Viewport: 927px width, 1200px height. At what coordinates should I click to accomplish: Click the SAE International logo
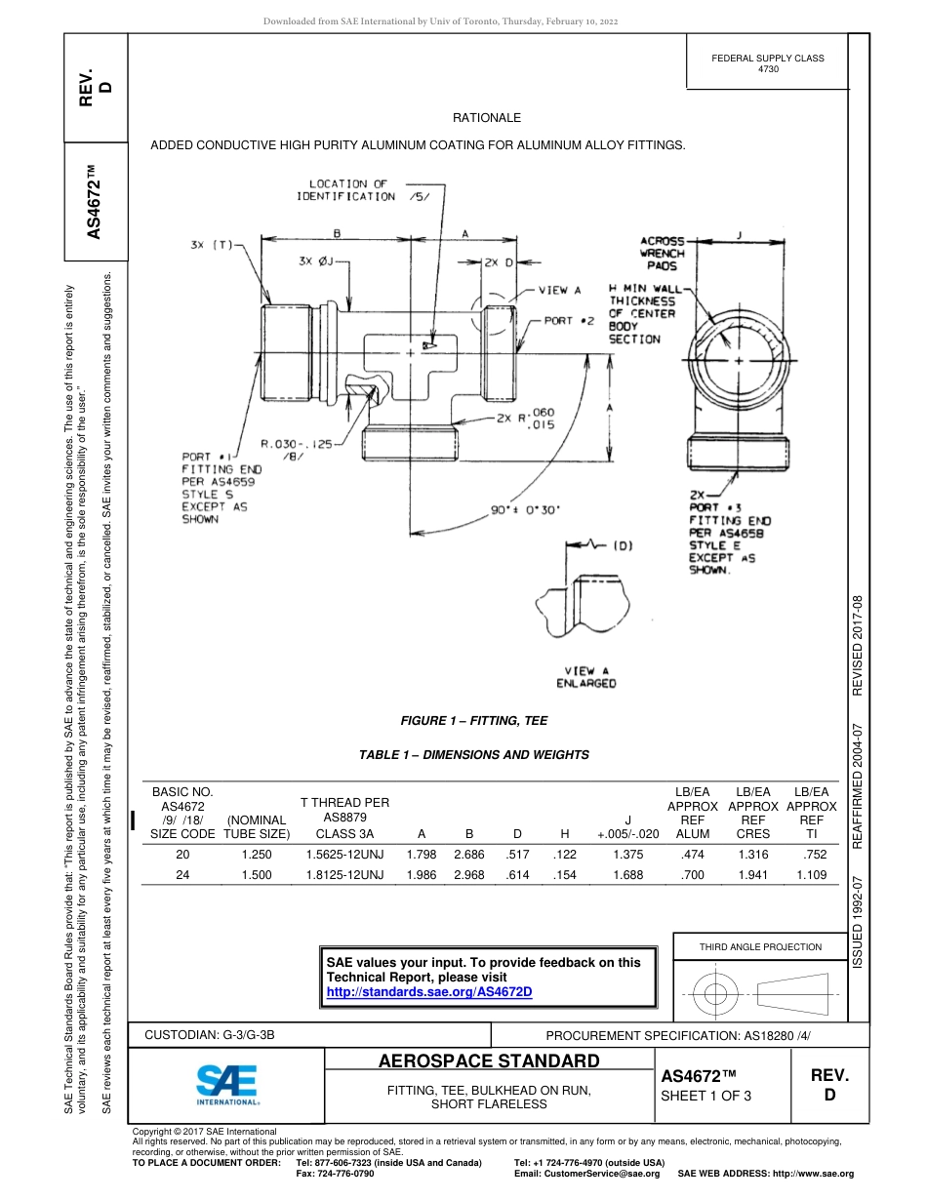(x=228, y=1084)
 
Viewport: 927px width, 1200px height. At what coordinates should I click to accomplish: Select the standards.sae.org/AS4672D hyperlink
(x=428, y=991)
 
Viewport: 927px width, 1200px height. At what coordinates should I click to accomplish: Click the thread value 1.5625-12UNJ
(x=344, y=855)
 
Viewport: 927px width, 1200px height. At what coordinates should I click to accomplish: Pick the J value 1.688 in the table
(x=627, y=875)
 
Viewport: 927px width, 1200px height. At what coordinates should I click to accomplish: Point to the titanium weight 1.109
(x=811, y=875)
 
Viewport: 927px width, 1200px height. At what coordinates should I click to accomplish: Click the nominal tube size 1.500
(x=256, y=875)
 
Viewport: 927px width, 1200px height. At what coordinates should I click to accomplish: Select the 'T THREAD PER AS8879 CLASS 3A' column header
(x=344, y=818)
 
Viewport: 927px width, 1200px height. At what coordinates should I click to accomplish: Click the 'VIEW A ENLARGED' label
(x=586, y=677)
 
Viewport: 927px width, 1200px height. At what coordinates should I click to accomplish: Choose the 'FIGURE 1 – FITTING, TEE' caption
(x=473, y=721)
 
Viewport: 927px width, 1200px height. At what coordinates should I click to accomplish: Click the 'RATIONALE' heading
(x=487, y=118)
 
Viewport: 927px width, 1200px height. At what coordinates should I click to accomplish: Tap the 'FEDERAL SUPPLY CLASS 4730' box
(x=767, y=63)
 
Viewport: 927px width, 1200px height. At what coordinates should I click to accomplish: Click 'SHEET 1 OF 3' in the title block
(x=706, y=1096)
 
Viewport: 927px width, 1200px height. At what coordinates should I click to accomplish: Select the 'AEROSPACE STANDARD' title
(x=489, y=1060)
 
